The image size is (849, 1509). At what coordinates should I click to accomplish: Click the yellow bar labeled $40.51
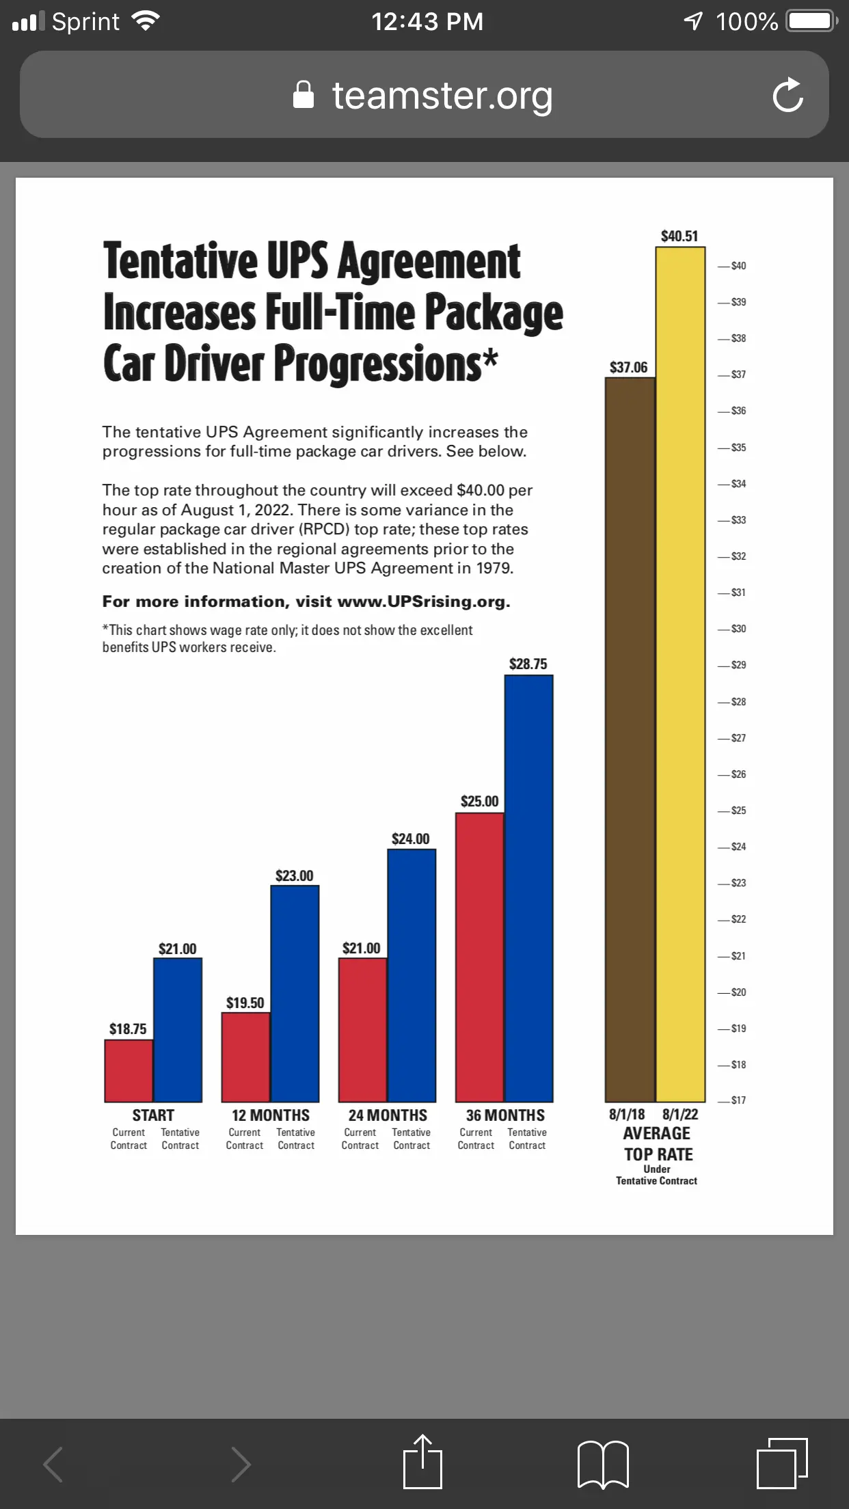pyautogui.click(x=680, y=673)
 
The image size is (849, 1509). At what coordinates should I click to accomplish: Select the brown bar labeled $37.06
pyautogui.click(x=630, y=738)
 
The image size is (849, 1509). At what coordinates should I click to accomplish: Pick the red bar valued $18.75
pyautogui.click(x=129, y=1070)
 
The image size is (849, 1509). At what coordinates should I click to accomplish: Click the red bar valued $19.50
pyautogui.click(x=245, y=1057)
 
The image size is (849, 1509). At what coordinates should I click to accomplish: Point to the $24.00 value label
pyautogui.click(x=410, y=839)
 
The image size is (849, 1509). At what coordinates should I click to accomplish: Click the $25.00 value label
pyautogui.click(x=479, y=801)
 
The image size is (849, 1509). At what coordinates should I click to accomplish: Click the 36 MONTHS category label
pyautogui.click(x=505, y=1115)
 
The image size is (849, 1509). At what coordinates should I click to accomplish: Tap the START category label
pyautogui.click(x=153, y=1115)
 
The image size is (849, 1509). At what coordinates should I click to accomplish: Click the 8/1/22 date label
pyautogui.click(x=680, y=1114)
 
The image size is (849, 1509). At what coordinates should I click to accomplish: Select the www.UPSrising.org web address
pyautogui.click(x=423, y=601)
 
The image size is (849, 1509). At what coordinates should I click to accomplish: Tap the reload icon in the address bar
pyautogui.click(x=787, y=95)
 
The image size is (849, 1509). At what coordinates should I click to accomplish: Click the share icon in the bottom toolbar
pyautogui.click(x=423, y=1463)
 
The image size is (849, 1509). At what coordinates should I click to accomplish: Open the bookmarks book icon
pyautogui.click(x=603, y=1464)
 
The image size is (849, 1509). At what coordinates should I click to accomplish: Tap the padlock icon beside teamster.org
pyautogui.click(x=303, y=95)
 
